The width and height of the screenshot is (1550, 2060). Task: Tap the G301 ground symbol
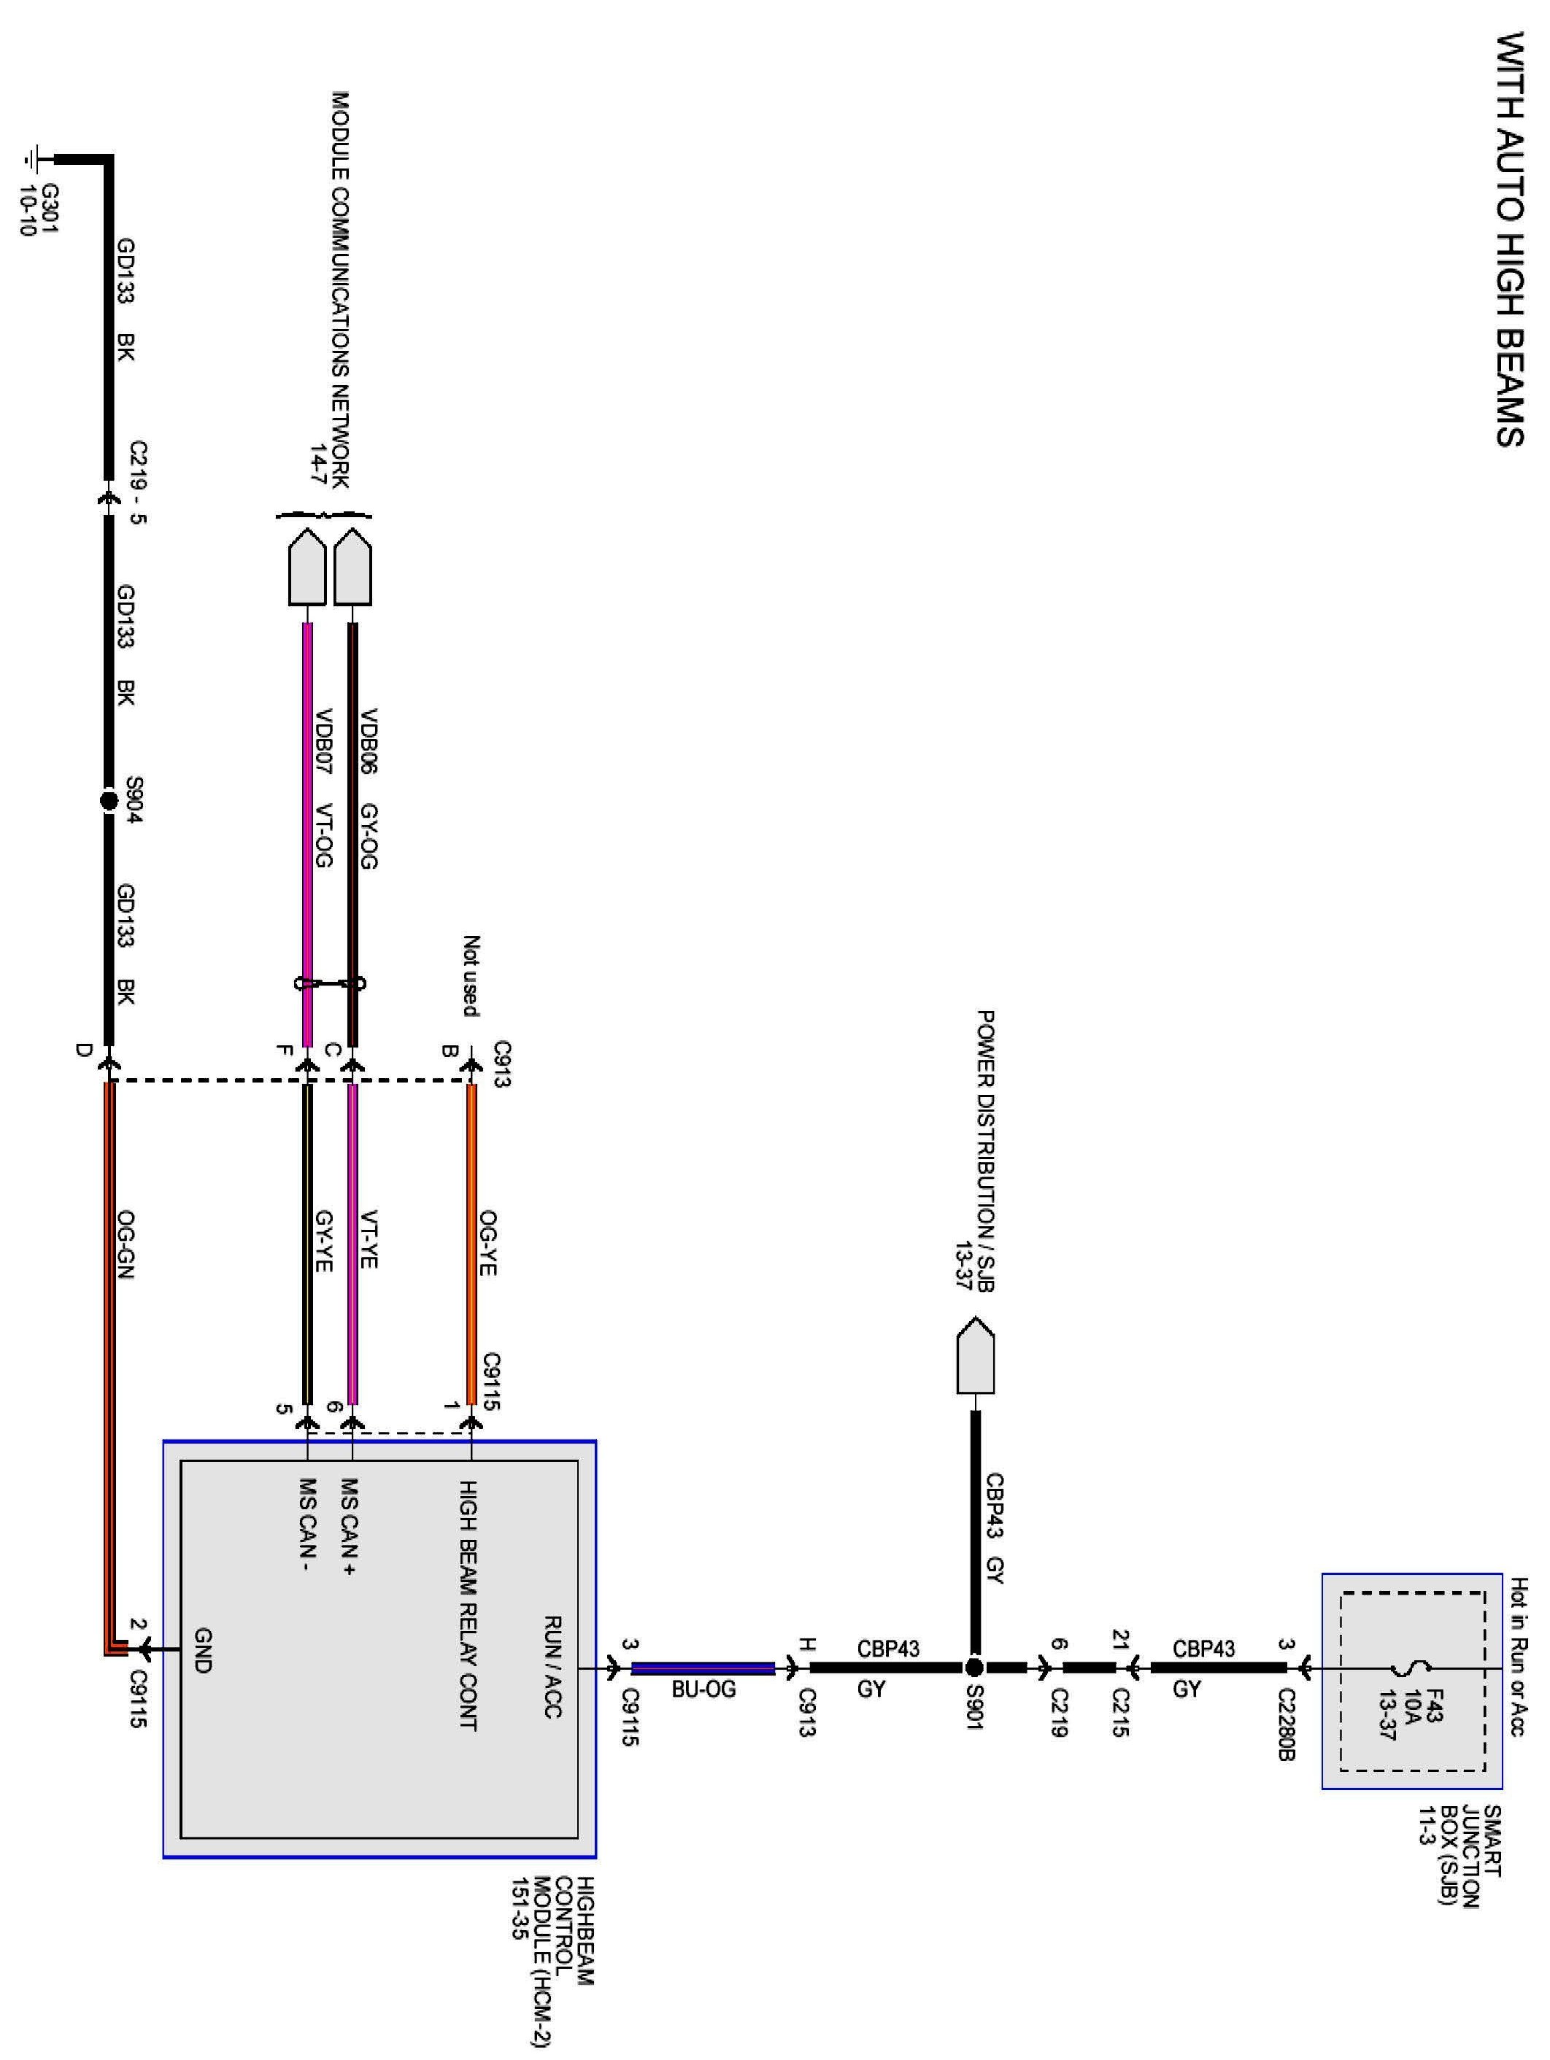tap(34, 158)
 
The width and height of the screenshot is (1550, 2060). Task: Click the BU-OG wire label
tap(703, 1689)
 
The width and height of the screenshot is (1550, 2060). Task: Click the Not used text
tap(471, 975)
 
